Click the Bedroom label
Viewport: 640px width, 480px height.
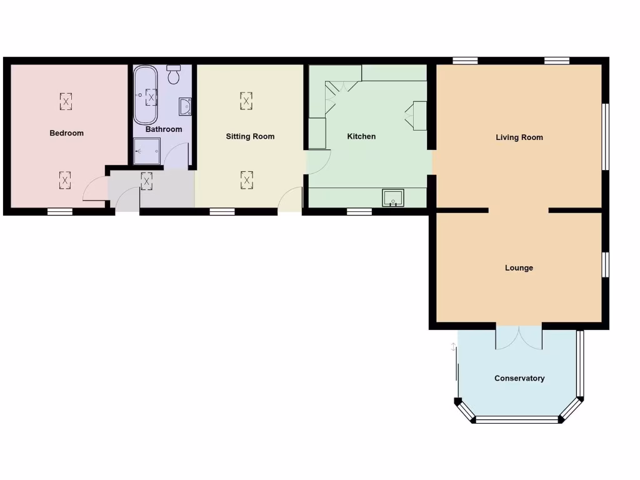66,133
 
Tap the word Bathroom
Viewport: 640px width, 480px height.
164,129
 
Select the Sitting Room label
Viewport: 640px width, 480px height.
250,136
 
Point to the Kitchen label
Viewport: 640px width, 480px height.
361,136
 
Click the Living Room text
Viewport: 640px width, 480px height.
519,137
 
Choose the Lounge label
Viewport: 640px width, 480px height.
519,268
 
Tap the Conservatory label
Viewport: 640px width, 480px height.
519,378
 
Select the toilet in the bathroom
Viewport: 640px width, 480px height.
174,74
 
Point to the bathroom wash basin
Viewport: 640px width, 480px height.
185,107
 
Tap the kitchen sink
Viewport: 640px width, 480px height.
393,197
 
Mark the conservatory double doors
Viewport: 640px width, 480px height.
519,338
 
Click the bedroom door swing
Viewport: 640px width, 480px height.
94,189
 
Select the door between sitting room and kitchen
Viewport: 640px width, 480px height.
317,162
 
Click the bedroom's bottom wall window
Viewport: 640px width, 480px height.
60,212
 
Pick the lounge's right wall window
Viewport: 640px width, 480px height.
605,264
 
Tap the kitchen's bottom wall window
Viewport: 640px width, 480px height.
359,212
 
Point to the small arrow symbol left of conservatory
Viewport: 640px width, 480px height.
454,346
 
